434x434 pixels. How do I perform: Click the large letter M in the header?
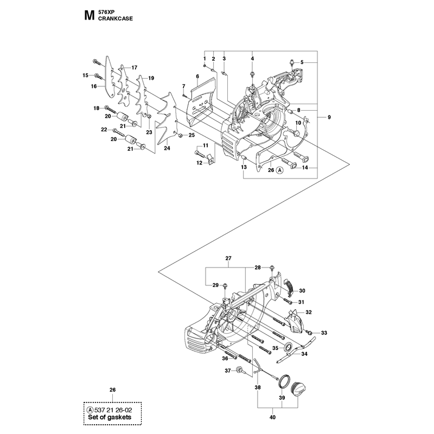coord(89,16)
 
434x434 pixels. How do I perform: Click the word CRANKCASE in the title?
coord(116,18)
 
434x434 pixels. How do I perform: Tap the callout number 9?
coord(329,117)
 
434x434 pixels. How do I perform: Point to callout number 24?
coord(167,148)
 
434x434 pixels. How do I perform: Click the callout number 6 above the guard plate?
coord(197,76)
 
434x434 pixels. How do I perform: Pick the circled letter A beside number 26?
coord(280,170)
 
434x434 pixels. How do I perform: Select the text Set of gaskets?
coord(110,417)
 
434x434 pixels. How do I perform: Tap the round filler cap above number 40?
coord(298,388)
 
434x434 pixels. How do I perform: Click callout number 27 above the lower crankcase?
coord(228,258)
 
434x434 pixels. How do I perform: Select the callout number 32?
coord(309,312)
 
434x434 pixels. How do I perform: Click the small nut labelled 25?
coord(179,135)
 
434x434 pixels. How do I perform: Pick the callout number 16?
coord(94,86)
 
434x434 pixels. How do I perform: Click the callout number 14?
coord(305,168)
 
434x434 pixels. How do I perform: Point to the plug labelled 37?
coord(239,370)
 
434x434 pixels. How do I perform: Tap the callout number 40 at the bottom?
coord(273,417)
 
